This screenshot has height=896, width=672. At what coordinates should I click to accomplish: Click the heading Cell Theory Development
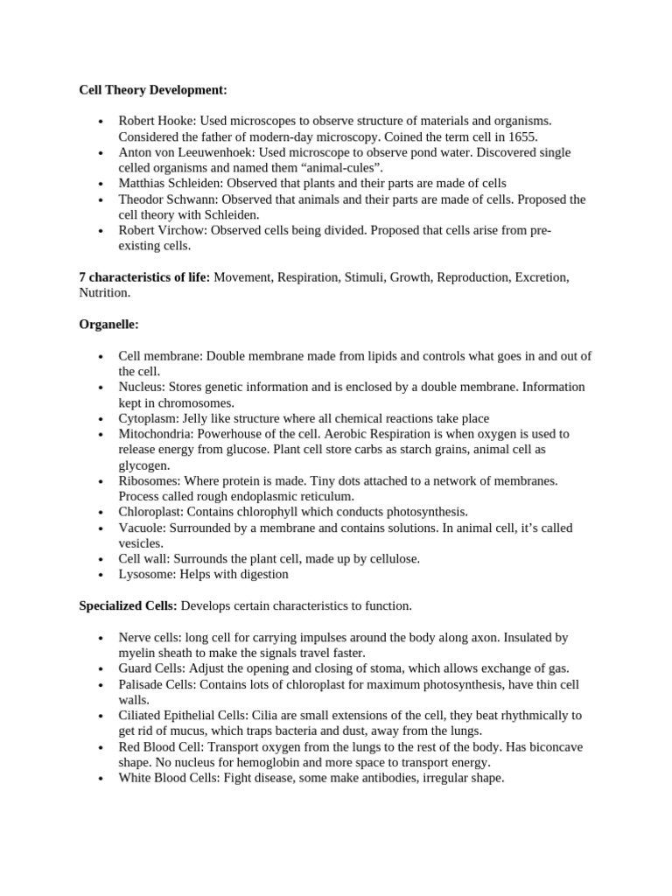(x=152, y=89)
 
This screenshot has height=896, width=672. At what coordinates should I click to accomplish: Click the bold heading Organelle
(x=108, y=325)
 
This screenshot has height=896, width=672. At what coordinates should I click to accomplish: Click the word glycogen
(x=143, y=465)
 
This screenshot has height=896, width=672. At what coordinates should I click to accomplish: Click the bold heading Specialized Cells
(x=128, y=605)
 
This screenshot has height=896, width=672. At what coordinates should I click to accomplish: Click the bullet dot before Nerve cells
(x=101, y=638)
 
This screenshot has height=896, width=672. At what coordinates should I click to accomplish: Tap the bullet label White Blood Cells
(x=168, y=778)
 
